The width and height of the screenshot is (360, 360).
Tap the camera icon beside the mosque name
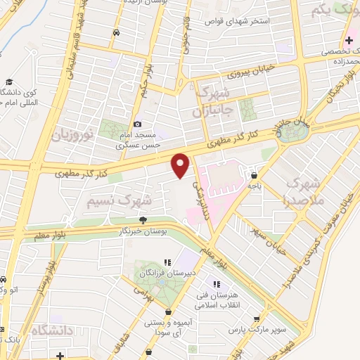[x=137, y=124]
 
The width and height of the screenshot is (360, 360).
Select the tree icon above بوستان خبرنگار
[x=143, y=220]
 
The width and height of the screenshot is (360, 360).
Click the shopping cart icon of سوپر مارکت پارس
[x=266, y=318]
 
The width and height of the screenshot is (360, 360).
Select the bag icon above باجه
[x=253, y=176]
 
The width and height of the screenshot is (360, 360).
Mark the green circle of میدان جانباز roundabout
[x=286, y=135]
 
